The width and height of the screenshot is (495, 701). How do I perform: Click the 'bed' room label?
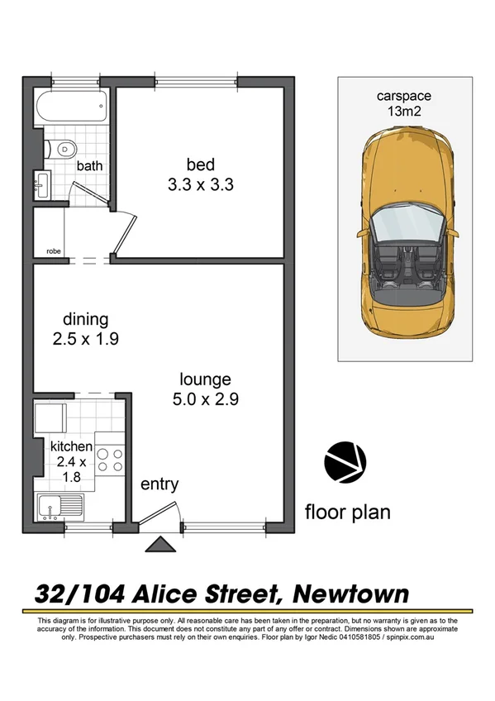201,165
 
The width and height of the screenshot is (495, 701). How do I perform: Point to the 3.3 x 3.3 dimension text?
201,185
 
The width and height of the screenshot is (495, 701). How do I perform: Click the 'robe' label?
54,250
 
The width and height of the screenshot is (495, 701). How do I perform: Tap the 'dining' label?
86,319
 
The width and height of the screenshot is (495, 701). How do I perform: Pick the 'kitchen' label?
72,446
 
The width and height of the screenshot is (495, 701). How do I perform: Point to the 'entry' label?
159,484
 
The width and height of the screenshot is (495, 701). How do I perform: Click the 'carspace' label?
404,96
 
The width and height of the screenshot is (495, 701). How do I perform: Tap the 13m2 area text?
404,111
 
